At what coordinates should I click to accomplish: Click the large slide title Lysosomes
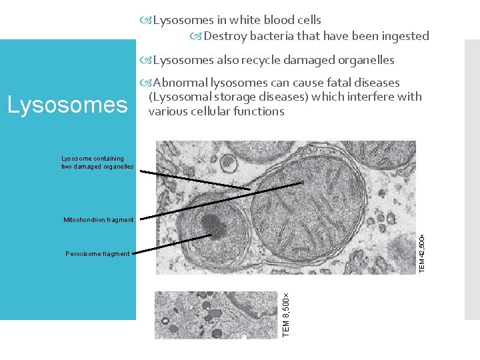(x=66, y=104)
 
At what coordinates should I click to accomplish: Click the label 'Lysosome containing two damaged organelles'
(x=97, y=162)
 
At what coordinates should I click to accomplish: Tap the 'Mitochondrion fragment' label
(x=98, y=220)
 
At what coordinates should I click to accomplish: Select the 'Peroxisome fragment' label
(x=97, y=253)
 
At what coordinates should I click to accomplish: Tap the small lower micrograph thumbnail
(x=217, y=315)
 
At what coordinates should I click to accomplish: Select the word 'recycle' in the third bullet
(x=256, y=60)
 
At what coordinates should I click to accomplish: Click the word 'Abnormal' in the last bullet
(x=180, y=83)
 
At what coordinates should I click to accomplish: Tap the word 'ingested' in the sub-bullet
(x=405, y=36)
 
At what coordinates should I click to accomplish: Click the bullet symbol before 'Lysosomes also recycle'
(x=147, y=60)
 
